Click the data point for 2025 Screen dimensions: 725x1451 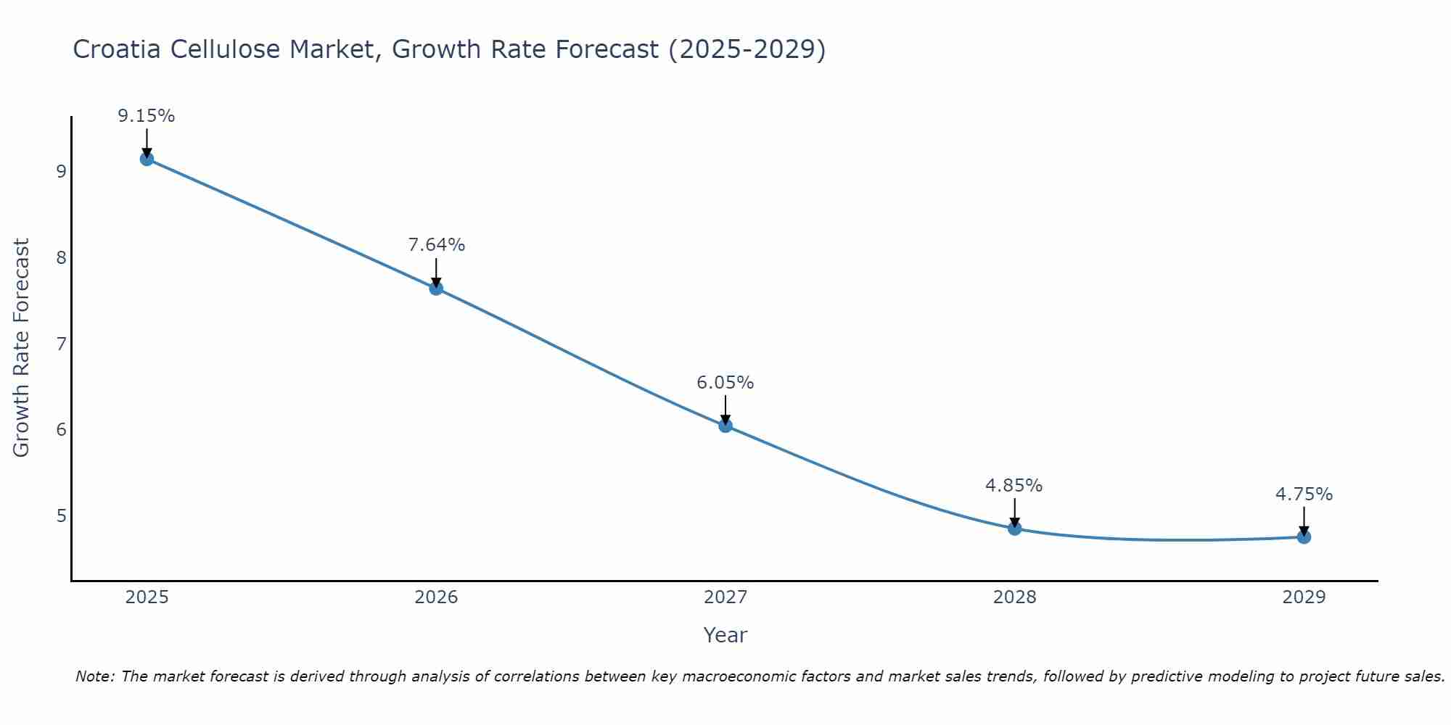click(x=147, y=159)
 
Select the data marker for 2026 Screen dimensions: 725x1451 click(x=436, y=289)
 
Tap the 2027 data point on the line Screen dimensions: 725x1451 click(x=725, y=426)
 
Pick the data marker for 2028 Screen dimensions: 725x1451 click(x=1014, y=529)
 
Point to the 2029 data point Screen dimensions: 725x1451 click(x=1304, y=537)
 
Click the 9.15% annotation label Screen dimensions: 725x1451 click(x=147, y=116)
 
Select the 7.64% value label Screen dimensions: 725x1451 click(x=436, y=245)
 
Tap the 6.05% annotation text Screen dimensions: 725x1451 click(x=725, y=383)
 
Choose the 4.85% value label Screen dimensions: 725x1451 click(x=1014, y=486)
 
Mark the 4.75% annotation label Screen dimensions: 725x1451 click(x=1304, y=494)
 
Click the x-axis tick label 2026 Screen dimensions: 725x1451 click(x=436, y=597)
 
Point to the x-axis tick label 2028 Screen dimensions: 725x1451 click(x=1014, y=597)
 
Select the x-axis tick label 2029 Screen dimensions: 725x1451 click(x=1304, y=597)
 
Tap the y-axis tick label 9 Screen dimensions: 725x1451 click(x=61, y=172)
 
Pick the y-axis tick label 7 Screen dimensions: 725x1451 click(x=61, y=344)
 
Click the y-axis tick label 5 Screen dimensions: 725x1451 click(x=61, y=516)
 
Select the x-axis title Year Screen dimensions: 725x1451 click(x=725, y=635)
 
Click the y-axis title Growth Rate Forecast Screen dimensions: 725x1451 click(x=22, y=348)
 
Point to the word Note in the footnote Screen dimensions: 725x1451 click(x=94, y=676)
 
